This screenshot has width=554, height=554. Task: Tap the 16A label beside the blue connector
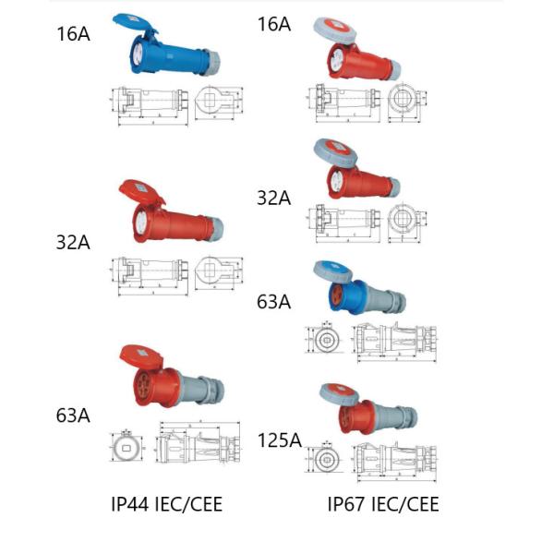tap(73, 35)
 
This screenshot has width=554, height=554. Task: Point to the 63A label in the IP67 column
tap(274, 301)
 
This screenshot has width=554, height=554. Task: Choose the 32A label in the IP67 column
tap(274, 198)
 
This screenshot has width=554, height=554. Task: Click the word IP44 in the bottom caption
tap(134, 504)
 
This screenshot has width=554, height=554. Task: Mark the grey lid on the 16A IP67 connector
tap(339, 30)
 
